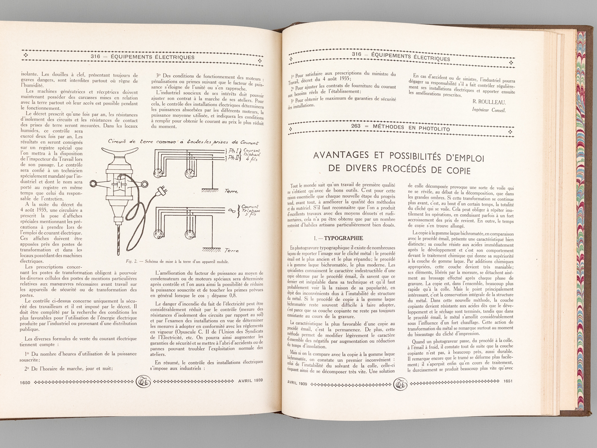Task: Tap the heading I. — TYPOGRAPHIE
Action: coord(339,238)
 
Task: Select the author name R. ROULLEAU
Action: coord(488,102)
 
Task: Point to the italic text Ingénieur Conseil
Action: coord(489,110)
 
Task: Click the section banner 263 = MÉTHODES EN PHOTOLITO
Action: coord(400,129)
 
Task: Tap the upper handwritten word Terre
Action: coord(231,191)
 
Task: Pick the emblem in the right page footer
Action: coord(401,382)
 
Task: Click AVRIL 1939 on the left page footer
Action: coord(250,381)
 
